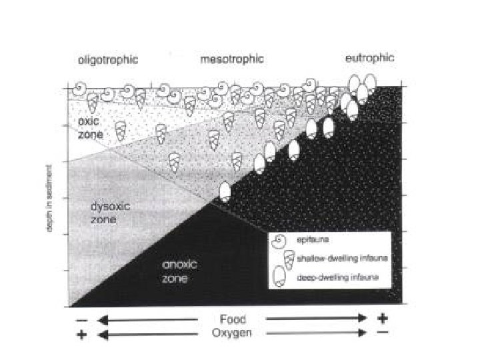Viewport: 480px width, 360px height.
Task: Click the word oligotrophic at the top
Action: point(107,60)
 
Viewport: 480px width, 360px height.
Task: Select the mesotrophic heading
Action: point(232,60)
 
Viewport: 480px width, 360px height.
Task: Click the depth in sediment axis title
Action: point(50,200)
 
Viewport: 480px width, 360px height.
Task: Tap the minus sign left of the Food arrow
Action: point(82,320)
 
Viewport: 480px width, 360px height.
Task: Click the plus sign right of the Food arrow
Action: point(382,319)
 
